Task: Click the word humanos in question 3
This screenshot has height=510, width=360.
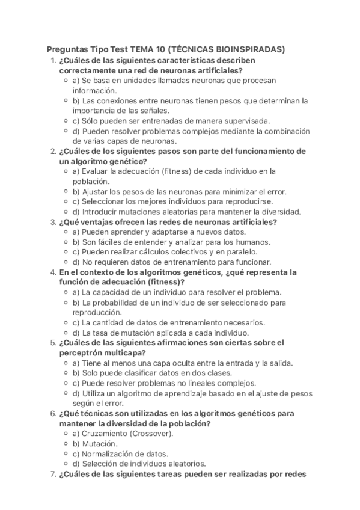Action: (251, 241)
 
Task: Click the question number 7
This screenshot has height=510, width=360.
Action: (52, 473)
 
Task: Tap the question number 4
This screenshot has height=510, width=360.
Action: (52, 272)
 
